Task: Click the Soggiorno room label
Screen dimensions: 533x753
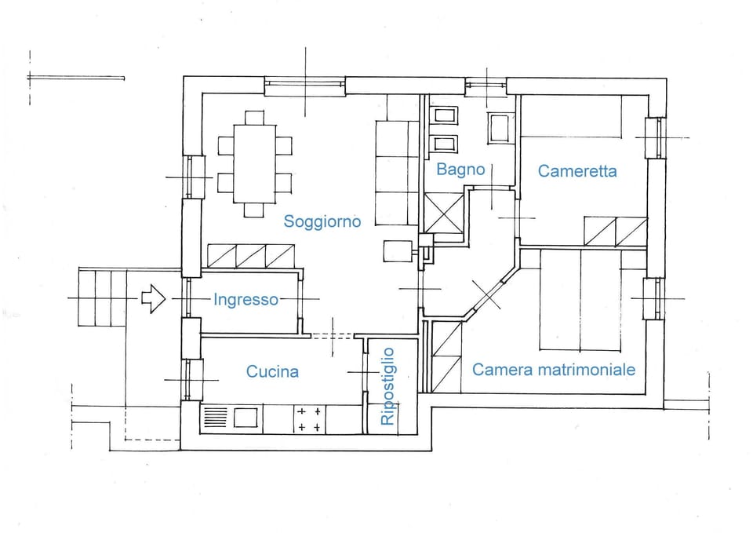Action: click(322, 221)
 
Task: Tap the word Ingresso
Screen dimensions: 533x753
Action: click(246, 299)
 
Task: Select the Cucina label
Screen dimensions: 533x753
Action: click(272, 371)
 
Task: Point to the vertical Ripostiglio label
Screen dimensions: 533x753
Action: click(387, 386)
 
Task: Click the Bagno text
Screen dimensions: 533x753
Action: click(460, 169)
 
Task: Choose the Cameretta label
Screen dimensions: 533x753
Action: click(577, 170)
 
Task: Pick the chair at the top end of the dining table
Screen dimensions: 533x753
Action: click(254, 118)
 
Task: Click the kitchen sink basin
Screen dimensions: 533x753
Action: click(246, 418)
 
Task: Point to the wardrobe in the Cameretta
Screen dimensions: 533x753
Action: click(616, 231)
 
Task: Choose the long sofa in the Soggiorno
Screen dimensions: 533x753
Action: click(397, 173)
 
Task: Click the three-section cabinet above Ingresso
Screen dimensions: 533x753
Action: click(251, 255)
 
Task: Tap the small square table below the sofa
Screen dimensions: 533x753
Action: click(397, 251)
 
